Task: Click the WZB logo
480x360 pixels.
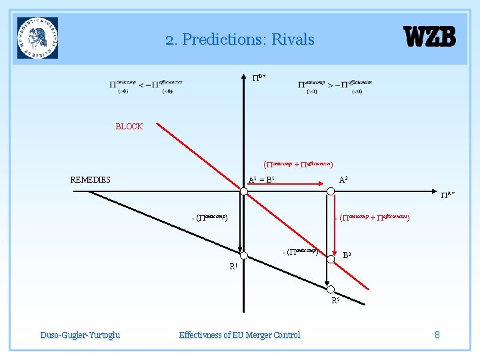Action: coord(430,37)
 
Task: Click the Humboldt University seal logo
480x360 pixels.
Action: coord(38,38)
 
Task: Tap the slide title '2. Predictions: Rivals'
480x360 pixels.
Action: coord(240,40)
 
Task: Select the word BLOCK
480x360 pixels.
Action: coord(129,126)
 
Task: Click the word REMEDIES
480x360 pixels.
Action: coord(91,179)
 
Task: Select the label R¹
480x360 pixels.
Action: coord(233,267)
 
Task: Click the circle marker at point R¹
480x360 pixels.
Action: coord(245,255)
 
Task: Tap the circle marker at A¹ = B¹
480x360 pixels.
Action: coord(245,192)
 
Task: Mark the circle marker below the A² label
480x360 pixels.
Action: coord(330,192)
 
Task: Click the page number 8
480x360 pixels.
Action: coord(437,335)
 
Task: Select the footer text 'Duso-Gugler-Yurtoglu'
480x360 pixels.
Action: coord(80,335)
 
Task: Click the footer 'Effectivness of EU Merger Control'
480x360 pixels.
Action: coord(240,335)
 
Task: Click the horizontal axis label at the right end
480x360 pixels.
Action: coord(447,195)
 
